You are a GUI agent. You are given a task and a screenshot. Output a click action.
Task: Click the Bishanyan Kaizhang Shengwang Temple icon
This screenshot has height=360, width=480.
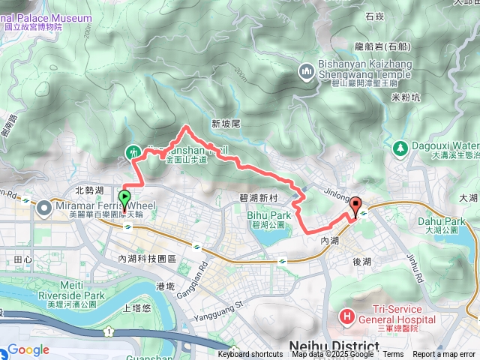tap(306, 71)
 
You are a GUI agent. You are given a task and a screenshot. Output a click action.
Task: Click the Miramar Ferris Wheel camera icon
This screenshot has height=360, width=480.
tap(43, 206)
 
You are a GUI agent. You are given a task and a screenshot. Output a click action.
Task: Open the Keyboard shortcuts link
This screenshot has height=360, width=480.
tap(250, 355)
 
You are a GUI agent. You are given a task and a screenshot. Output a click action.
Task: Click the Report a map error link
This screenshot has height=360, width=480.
tap(445, 355)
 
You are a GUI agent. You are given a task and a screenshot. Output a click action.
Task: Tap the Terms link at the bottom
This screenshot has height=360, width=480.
tap(393, 355)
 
